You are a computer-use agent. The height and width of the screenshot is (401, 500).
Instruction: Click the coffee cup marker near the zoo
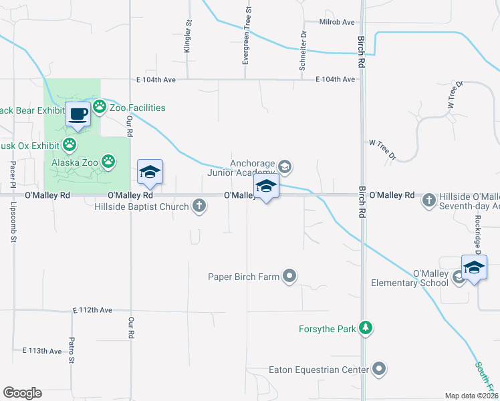point(78,114)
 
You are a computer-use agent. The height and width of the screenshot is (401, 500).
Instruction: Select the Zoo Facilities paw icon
point(100,107)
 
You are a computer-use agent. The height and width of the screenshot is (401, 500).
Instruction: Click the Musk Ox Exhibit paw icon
point(70,144)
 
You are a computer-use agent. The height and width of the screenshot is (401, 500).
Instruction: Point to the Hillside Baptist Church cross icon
point(199,206)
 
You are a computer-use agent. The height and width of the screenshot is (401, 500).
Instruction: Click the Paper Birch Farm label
point(244,275)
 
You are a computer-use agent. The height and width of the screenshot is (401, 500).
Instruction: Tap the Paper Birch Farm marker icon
point(289,275)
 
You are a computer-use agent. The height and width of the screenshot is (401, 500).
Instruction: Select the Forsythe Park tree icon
point(365,328)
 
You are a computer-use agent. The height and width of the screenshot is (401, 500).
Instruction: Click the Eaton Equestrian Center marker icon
point(380,369)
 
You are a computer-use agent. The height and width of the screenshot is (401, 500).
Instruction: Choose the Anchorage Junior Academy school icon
point(285,166)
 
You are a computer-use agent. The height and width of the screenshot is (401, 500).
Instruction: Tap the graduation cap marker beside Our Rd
point(150,173)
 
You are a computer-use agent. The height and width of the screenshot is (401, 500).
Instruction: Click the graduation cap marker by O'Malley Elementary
point(474,268)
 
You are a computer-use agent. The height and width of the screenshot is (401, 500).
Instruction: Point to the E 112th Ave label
point(92,310)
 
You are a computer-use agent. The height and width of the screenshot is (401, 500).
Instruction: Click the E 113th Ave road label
point(41,350)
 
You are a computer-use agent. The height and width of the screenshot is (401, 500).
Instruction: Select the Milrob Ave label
point(337,22)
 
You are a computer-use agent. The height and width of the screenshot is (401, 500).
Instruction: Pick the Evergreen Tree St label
point(248,36)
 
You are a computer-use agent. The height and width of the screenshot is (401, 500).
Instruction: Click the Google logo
point(22,393)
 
